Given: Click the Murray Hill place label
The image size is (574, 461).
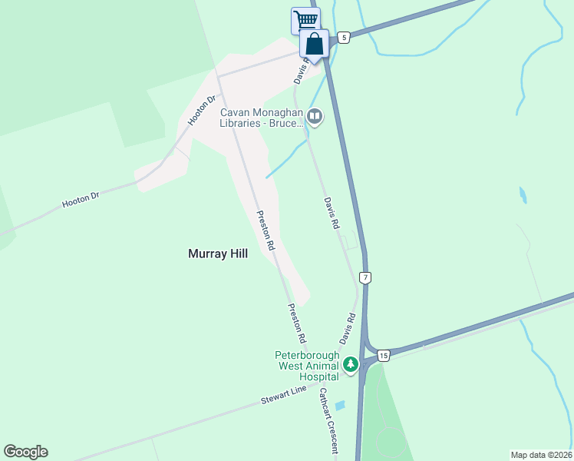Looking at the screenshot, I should coord(218,253).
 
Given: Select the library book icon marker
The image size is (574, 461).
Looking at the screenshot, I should coord(314,116).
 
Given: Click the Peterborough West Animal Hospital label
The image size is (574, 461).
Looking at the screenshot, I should coord(307,366).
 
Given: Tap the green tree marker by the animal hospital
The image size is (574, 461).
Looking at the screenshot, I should coord(351,364).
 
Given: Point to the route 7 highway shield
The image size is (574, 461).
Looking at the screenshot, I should coord(365,277).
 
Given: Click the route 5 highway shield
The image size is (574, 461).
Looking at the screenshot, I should coord(344,37).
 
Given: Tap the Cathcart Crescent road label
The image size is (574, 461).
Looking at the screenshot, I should coord(328,421).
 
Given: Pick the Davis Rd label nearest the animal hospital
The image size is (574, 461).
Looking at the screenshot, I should coord(348,328).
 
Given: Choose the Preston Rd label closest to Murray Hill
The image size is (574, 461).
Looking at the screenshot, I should coord(265,231).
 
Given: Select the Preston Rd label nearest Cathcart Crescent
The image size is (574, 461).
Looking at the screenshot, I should coord(297,323).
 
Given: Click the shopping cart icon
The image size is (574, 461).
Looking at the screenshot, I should coord(305,19).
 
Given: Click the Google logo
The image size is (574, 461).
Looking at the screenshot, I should coord(25,452).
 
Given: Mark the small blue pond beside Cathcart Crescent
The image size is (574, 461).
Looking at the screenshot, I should coord(340,405).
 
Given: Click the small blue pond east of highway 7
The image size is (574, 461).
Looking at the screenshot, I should coord(523,194).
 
